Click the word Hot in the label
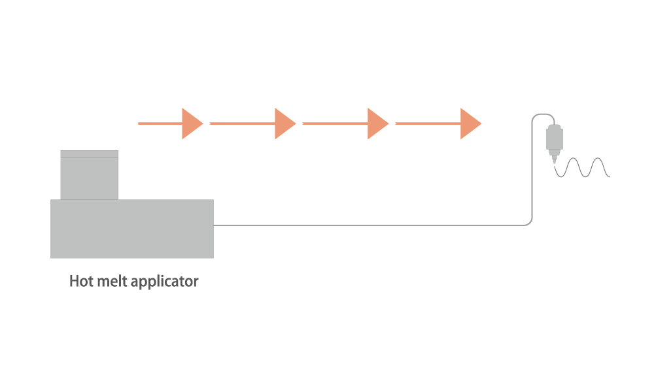point(80,281)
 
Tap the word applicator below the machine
point(164,282)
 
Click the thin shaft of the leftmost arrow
point(160,123)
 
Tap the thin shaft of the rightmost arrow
point(428,123)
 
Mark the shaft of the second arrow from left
point(243,123)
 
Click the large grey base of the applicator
point(132,229)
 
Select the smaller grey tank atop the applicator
point(89,175)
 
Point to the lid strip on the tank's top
point(89,154)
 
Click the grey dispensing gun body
point(555,139)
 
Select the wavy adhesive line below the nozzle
point(582,167)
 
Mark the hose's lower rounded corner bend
point(529,222)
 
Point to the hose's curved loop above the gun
point(543,114)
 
